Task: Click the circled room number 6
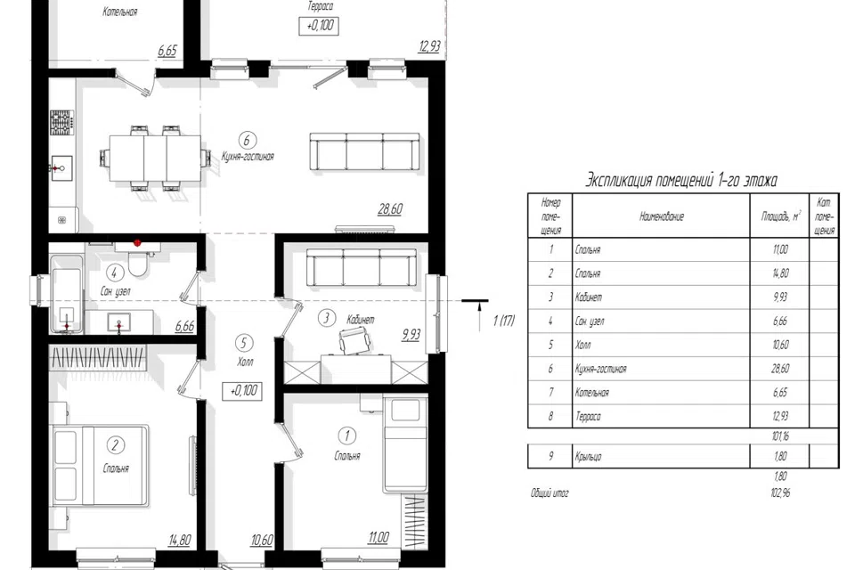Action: (247, 140)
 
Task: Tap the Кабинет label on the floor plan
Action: (361, 319)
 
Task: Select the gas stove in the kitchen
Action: (61, 122)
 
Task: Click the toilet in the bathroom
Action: (137, 263)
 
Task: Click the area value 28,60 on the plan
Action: (390, 209)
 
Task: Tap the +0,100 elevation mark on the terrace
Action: (319, 25)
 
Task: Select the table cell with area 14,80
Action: (780, 273)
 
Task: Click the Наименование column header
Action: (661, 216)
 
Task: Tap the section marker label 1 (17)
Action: (504, 321)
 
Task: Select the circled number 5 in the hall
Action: (244, 343)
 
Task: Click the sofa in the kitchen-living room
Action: (365, 151)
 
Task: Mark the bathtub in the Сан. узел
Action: (67, 294)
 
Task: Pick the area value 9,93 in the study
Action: (411, 334)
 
